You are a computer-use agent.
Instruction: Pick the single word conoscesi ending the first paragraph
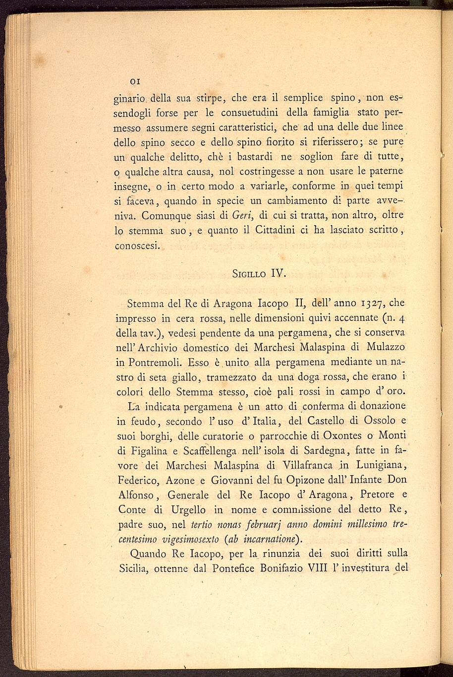[138, 245]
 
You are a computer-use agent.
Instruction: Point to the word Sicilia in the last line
[134, 568]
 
